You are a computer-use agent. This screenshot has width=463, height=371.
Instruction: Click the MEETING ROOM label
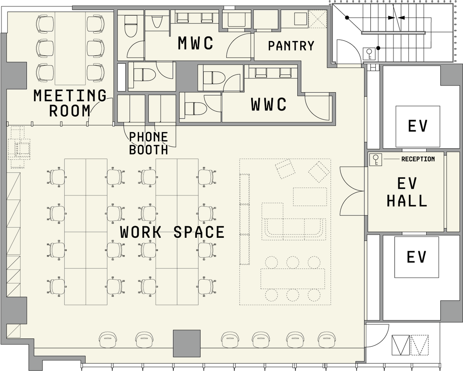point(70,103)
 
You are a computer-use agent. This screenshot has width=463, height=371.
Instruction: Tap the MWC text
point(195,43)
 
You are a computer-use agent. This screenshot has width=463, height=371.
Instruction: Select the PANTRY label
point(291,46)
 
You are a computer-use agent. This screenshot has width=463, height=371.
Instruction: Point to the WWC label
point(269,104)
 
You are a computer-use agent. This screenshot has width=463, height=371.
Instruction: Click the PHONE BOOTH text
point(149,143)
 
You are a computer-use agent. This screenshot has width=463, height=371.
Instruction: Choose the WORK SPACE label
point(172,232)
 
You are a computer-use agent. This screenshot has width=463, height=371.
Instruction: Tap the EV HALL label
point(407,192)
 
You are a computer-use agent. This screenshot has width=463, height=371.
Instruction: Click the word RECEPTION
point(418,159)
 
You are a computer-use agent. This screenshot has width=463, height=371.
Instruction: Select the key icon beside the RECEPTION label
point(375,159)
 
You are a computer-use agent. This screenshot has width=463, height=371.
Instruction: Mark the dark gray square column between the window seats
point(187,343)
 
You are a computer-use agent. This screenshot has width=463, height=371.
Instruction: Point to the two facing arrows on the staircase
point(396,18)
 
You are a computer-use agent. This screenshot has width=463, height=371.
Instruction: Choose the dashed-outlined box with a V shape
point(419,345)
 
